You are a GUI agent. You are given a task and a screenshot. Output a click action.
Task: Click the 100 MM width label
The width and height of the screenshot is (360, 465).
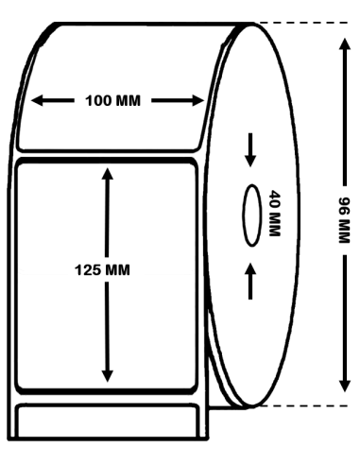point(112,101)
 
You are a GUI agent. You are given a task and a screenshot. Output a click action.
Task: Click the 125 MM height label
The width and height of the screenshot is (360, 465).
point(102,270)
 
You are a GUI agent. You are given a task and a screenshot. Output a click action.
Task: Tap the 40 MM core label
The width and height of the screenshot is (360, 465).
point(274,213)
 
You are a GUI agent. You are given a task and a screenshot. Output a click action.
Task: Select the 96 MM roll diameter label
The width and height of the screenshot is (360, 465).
point(344,220)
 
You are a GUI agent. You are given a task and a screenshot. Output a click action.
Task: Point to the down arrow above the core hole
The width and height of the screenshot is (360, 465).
point(250,150)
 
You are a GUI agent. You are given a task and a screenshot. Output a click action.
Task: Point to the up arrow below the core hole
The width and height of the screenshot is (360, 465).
point(250,281)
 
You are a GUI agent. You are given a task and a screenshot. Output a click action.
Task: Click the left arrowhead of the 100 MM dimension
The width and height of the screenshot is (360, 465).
point(37,101)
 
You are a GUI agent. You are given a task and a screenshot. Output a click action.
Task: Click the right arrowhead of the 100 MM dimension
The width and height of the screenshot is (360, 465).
point(198,101)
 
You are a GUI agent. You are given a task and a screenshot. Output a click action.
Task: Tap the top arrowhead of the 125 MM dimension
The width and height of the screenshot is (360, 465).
point(108,174)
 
